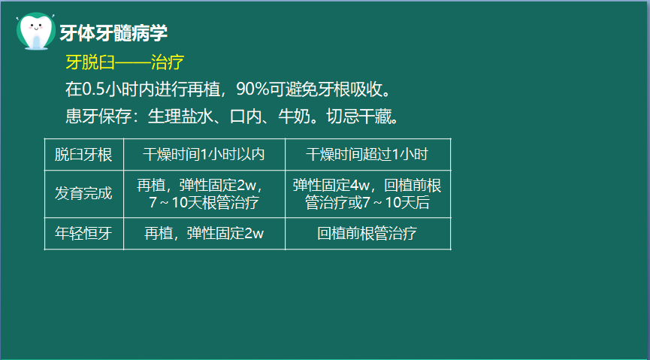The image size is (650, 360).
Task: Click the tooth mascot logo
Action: (34, 31)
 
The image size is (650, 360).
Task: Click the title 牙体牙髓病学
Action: (113, 33)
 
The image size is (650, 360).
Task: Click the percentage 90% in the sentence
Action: (252, 89)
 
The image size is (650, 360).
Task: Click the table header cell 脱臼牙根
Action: (83, 156)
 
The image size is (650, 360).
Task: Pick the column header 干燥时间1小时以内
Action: (204, 156)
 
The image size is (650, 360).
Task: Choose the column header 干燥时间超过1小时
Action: (367, 156)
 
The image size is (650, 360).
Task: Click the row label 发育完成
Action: (83, 193)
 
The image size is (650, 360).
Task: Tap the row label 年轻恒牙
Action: (83, 233)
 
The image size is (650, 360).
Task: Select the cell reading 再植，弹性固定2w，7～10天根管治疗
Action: (204, 194)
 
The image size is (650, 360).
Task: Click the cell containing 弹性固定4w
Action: (367, 194)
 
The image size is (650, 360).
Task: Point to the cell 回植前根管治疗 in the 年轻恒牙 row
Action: (367, 233)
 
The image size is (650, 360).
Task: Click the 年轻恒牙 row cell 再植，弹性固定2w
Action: (204, 233)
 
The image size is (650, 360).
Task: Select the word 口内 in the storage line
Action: (245, 116)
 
